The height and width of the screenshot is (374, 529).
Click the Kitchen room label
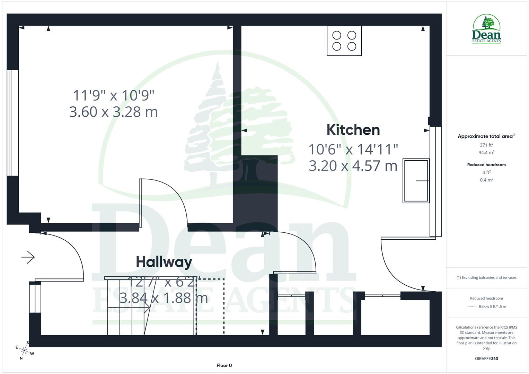click(x=353, y=130)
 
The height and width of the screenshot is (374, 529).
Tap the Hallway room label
click(x=164, y=262)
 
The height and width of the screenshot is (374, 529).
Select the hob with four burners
click(x=344, y=41)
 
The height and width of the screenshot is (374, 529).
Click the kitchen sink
click(x=416, y=181)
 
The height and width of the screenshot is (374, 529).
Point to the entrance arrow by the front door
click(x=28, y=257)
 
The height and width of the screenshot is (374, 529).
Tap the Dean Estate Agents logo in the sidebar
click(x=486, y=29)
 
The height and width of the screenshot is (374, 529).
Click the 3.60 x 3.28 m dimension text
click(x=113, y=112)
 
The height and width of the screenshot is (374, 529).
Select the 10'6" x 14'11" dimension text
click(x=353, y=149)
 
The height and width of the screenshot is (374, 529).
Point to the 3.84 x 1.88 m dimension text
click(x=164, y=298)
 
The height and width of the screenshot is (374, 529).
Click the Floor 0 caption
click(x=224, y=365)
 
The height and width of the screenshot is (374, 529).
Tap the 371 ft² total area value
click(x=486, y=145)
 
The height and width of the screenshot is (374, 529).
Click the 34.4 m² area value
click(x=486, y=152)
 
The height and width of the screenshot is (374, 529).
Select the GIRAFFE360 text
click(x=486, y=358)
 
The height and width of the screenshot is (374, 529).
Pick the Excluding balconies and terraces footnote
click(x=486, y=277)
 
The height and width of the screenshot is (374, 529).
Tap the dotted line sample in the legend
click(x=471, y=306)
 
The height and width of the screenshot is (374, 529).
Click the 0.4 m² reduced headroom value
click(x=486, y=180)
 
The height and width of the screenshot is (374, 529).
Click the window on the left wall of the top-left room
click(x=13, y=123)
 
